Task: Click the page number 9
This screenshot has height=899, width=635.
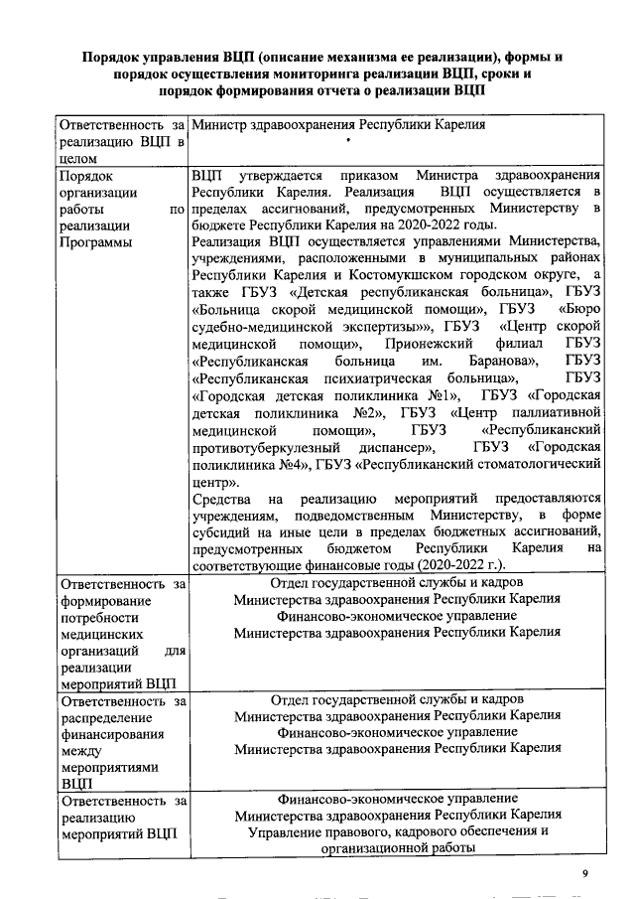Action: tap(585, 873)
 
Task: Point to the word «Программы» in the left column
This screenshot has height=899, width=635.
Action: tap(93, 242)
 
